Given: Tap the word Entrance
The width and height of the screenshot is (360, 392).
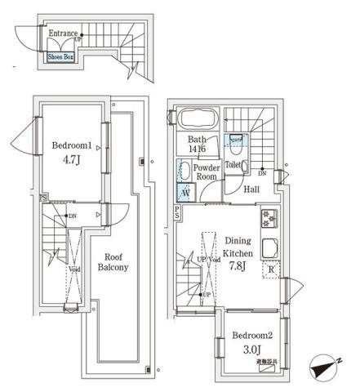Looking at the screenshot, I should pyautogui.click(x=63, y=33).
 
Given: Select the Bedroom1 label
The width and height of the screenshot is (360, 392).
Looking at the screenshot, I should pyautogui.click(x=68, y=145).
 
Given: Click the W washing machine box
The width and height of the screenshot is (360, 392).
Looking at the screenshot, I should pyautogui.click(x=184, y=194).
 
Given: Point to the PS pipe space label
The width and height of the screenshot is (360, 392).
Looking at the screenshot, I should pyautogui.click(x=177, y=212).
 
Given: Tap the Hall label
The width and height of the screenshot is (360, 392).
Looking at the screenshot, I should pyautogui.click(x=252, y=190).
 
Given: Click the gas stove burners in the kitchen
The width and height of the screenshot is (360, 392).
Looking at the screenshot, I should pyautogui.click(x=269, y=218).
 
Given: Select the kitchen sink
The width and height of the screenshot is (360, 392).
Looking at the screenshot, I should pyautogui.click(x=269, y=247).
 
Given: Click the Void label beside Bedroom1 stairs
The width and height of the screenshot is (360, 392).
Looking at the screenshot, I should pyautogui.click(x=74, y=269).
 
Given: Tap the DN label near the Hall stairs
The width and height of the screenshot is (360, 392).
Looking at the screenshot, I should pyautogui.click(x=261, y=174).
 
